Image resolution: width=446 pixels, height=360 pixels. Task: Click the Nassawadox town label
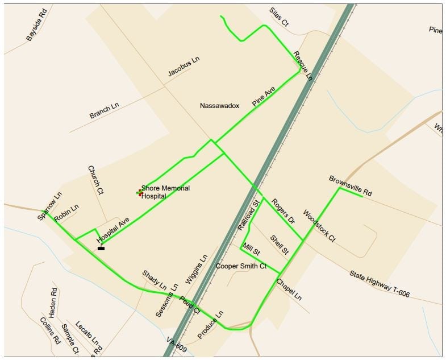[x=219, y=106]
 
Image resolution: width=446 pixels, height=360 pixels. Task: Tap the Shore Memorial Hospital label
[x=165, y=192]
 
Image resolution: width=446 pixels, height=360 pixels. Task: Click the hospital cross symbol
[x=139, y=193]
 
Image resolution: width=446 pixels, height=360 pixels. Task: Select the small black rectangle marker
[x=101, y=248]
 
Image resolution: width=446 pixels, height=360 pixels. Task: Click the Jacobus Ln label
[x=184, y=67]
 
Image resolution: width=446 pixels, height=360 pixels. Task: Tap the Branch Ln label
[x=104, y=110]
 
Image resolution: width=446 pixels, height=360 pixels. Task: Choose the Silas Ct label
[x=278, y=18]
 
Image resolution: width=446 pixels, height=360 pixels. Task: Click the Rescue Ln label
[x=303, y=65]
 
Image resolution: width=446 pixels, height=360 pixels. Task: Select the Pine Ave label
[x=264, y=97]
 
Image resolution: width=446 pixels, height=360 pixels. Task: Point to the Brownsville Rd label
[x=350, y=186]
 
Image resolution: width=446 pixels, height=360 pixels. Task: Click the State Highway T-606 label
[x=379, y=283]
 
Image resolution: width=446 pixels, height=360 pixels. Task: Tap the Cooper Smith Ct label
[x=241, y=266]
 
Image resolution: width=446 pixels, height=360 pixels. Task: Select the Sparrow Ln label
[x=49, y=206]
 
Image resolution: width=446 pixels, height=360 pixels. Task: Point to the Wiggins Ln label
[x=197, y=270]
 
